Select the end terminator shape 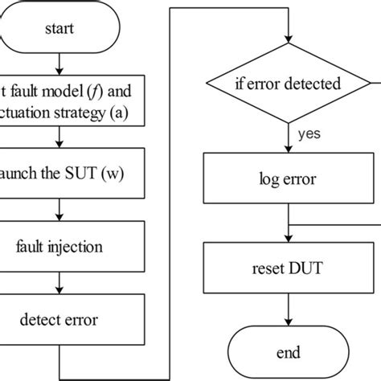point(288,352)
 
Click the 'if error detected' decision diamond point(288,82)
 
